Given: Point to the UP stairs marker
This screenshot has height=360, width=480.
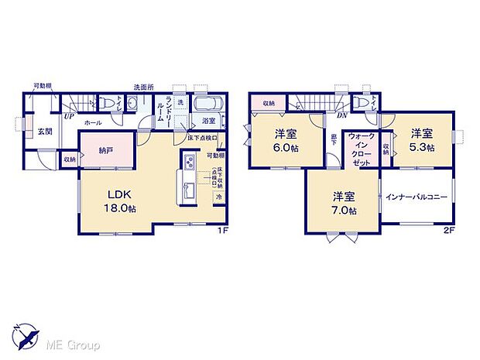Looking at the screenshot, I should tap(69, 116).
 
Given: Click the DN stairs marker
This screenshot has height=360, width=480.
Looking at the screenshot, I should tap(341, 115).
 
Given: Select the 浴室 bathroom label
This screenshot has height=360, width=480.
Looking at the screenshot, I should tap(209, 122).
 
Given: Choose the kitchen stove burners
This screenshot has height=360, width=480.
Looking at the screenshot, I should tap(189, 163).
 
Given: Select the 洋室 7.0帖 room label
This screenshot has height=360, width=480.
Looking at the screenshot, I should tap(345, 202).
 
